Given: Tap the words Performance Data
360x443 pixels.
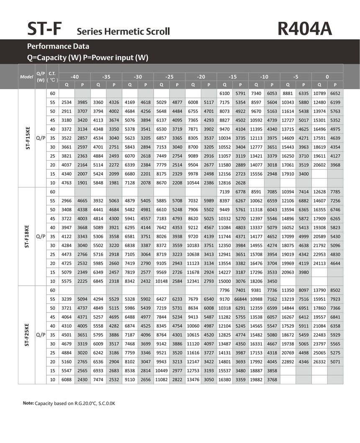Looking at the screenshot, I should click(58, 46).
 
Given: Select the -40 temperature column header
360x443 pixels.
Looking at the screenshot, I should click(75, 77).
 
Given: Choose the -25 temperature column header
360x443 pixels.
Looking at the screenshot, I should click(169, 77).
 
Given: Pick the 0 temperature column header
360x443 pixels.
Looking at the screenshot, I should click(327, 77).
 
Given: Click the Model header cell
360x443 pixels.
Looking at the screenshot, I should click(26, 77).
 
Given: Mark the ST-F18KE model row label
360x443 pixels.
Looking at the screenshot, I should click(27, 236).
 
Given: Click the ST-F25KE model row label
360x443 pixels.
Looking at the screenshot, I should click(27, 335).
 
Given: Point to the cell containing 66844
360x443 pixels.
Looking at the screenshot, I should click(240, 299).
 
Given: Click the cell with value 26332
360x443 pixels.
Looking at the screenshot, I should click(319, 361).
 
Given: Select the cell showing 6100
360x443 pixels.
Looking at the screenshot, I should click(224, 93).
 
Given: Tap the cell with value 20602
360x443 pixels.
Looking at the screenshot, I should click(319, 164).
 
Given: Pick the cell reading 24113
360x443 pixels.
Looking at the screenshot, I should click(319, 263).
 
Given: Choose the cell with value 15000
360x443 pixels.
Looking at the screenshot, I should click(224, 281).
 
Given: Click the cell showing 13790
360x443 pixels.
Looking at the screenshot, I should click(319, 290).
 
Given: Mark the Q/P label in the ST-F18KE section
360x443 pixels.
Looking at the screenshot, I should click(41, 236).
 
